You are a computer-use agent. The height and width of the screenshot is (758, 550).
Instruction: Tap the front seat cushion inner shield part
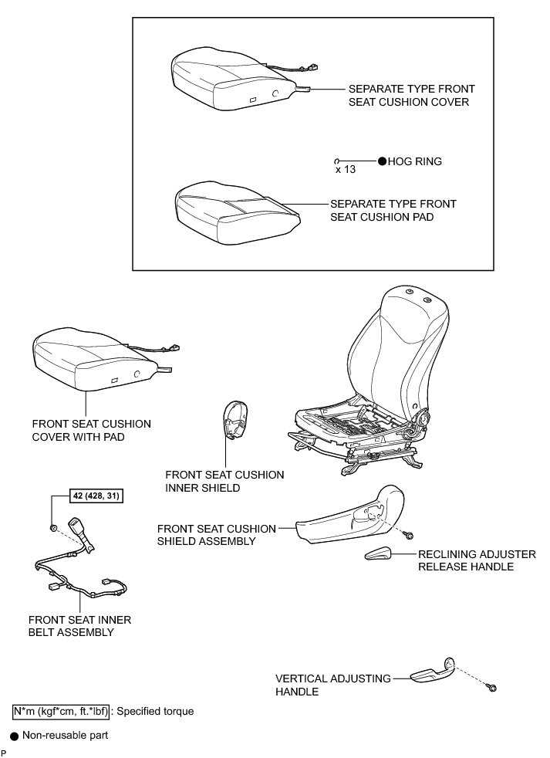pyautogui.click(x=237, y=421)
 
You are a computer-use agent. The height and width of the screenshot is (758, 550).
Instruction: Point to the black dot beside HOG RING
pyautogui.click(x=382, y=161)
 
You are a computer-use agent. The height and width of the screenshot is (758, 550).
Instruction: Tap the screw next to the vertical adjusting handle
pyautogui.click(x=492, y=687)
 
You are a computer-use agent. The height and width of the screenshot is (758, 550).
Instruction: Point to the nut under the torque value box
pyautogui.click(x=53, y=528)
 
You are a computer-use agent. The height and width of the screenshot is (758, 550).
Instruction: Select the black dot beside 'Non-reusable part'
pyautogui.click(x=14, y=737)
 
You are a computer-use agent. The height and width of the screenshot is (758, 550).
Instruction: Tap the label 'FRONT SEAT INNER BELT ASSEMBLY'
pyautogui.click(x=79, y=626)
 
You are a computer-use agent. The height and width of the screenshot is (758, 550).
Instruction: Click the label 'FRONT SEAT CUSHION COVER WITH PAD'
pyautogui.click(x=91, y=431)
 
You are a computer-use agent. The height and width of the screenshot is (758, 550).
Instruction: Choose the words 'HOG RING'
pyautogui.click(x=415, y=161)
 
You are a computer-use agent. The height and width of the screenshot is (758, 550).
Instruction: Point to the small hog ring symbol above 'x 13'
pyautogui.click(x=337, y=161)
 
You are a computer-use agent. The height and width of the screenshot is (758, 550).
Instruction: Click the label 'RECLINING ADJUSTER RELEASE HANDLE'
pyautogui.click(x=465, y=560)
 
